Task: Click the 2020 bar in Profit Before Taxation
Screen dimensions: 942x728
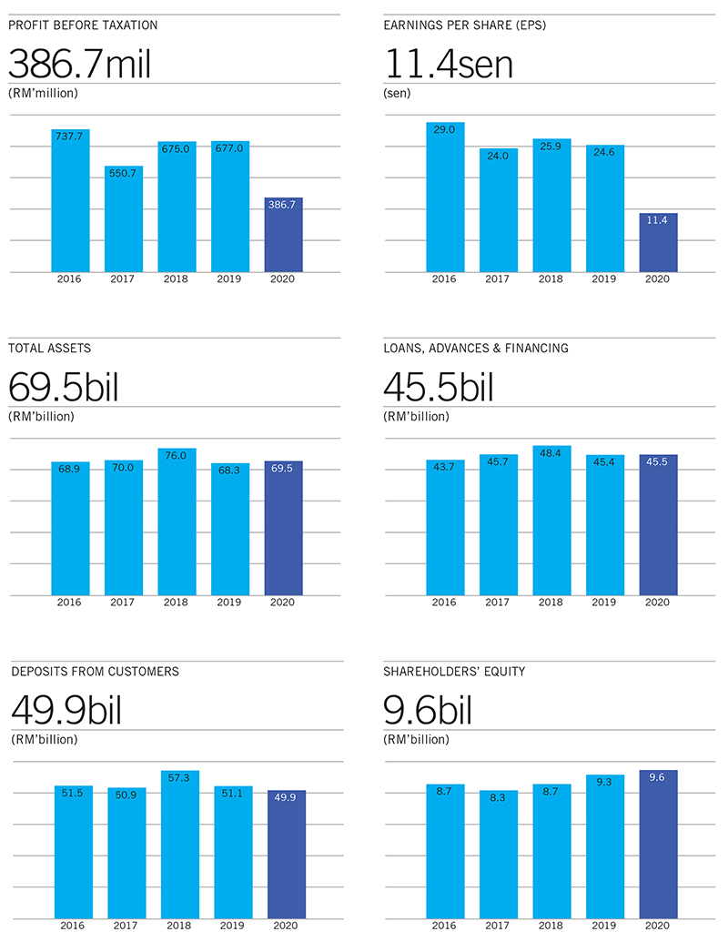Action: click(x=283, y=235)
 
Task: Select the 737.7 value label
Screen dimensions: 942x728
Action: click(x=69, y=136)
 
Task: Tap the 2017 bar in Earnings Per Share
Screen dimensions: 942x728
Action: click(x=498, y=210)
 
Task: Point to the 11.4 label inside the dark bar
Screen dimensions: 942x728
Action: click(x=658, y=219)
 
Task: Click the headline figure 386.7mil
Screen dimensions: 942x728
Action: click(x=79, y=65)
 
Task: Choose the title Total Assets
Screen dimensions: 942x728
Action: click(x=49, y=348)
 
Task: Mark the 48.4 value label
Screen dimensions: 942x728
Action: click(x=551, y=452)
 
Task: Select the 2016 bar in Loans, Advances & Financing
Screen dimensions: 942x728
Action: click(x=445, y=528)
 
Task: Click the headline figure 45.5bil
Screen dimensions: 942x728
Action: click(x=439, y=388)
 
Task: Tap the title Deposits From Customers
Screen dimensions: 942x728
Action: click(x=95, y=672)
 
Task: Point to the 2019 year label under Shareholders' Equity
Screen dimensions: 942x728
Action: click(x=604, y=926)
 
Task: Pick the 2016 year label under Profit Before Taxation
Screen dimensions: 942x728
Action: click(x=69, y=279)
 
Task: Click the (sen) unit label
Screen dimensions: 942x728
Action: click(x=398, y=93)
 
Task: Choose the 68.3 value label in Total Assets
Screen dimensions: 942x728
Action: click(x=229, y=470)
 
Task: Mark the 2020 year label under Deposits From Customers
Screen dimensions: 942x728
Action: click(x=286, y=926)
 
